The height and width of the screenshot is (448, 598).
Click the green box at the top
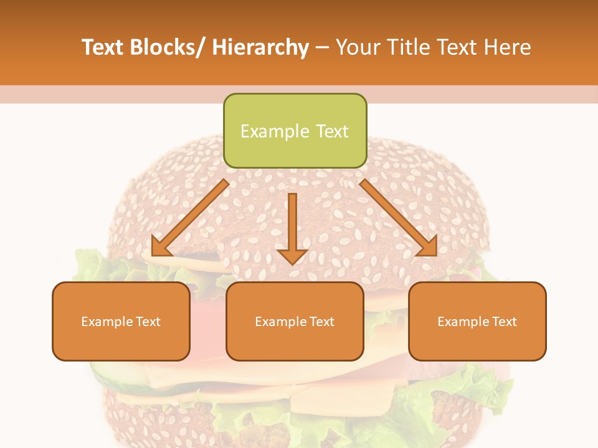(295, 131)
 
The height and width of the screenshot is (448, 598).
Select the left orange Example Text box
(121, 321)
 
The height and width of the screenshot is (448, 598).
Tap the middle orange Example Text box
(295, 321)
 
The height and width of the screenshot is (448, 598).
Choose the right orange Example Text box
(477, 321)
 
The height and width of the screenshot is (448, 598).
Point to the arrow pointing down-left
(190, 218)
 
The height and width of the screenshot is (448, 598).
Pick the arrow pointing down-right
(399, 218)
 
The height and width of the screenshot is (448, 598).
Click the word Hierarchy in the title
(260, 47)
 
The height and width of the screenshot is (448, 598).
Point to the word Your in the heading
(359, 47)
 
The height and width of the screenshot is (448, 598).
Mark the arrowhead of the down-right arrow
(427, 246)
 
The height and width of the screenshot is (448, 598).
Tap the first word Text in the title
(103, 47)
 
